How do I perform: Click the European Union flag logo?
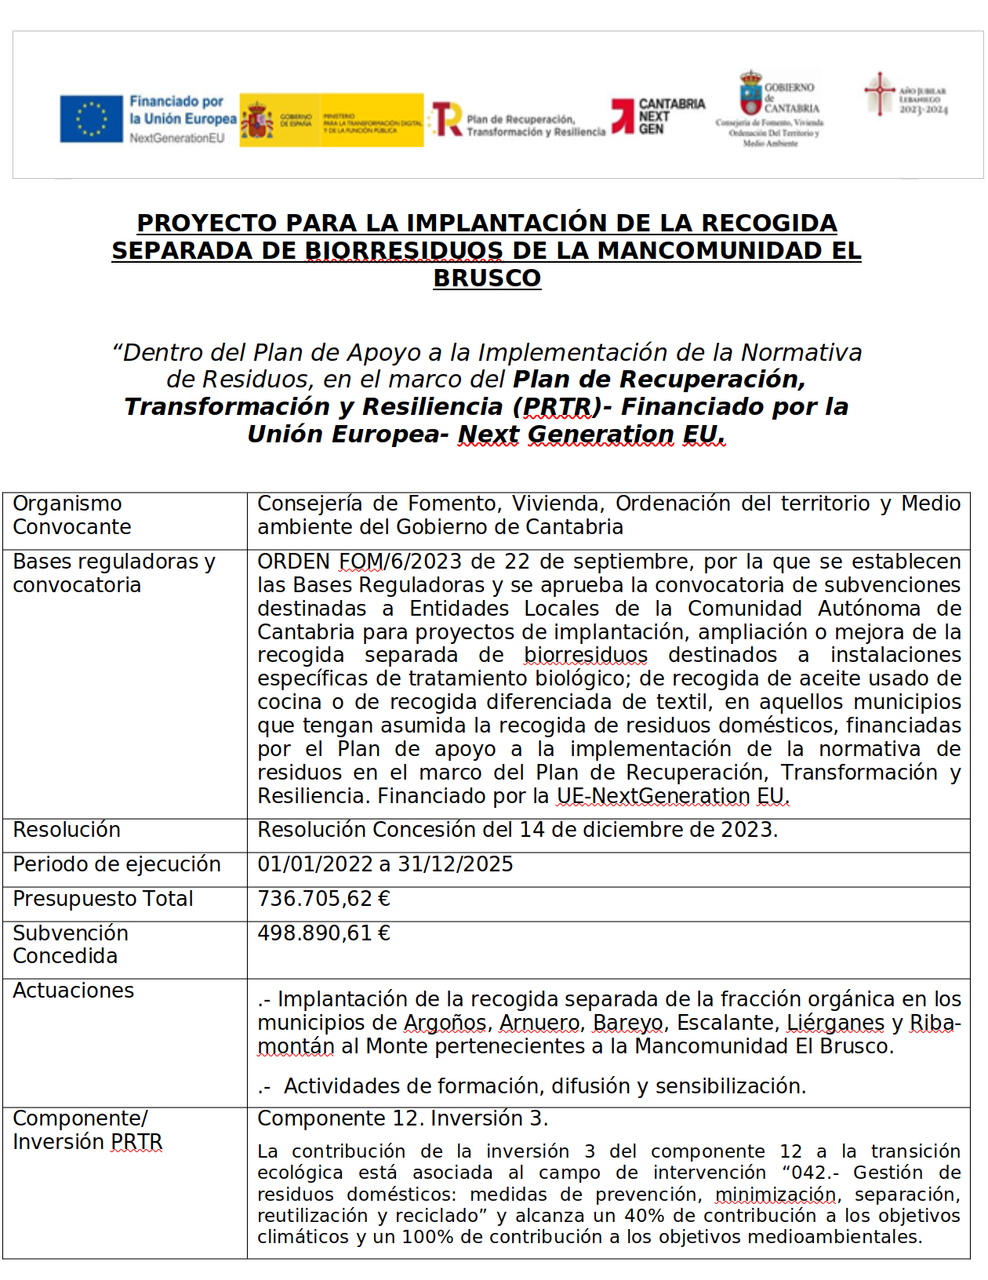click(x=92, y=119)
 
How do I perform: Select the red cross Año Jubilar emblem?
click(x=880, y=93)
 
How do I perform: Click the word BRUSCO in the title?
click(x=487, y=278)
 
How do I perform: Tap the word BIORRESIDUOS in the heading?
click(x=404, y=251)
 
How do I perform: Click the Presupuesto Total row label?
click(x=103, y=899)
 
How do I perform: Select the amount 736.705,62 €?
click(x=324, y=899)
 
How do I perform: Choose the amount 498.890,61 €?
click(x=324, y=933)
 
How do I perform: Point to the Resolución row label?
click(x=67, y=830)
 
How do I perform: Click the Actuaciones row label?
click(x=74, y=991)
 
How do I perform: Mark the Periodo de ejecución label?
click(x=117, y=864)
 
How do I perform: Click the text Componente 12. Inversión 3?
click(x=403, y=1118)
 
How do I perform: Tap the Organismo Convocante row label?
click(x=72, y=515)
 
